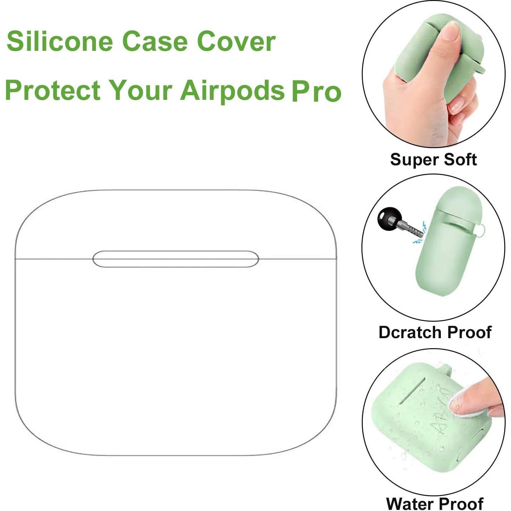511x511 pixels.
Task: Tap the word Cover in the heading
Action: click(236, 41)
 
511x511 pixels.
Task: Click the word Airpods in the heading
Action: click(232, 90)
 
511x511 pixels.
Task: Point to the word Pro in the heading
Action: click(316, 92)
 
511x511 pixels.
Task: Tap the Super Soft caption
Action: click(433, 160)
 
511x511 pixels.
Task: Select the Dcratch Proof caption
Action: click(435, 332)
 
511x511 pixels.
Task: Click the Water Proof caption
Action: click(435, 503)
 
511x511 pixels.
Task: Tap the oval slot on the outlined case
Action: click(175, 259)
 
